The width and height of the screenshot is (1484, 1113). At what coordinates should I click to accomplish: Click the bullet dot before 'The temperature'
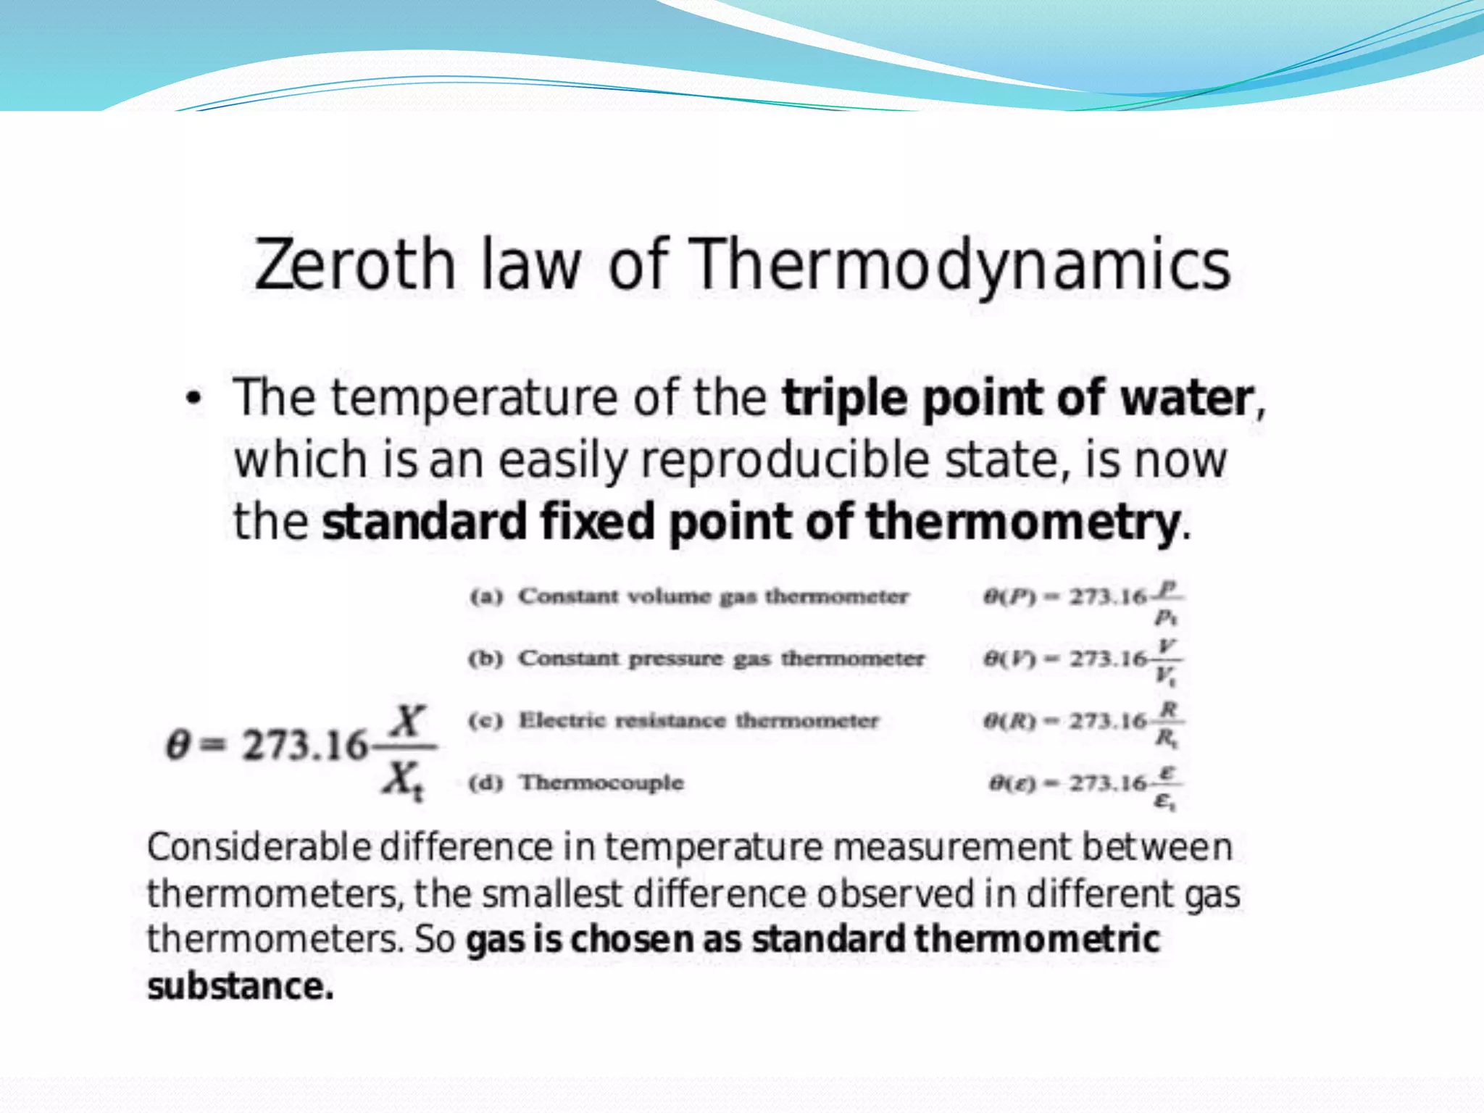(193, 399)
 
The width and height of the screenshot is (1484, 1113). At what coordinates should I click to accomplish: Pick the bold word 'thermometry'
(1022, 522)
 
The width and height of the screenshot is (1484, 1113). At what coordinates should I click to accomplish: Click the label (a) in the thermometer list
(485, 597)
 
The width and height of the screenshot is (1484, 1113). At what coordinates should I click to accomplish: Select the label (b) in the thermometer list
(485, 659)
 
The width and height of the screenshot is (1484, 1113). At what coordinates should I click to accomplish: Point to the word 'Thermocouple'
(601, 783)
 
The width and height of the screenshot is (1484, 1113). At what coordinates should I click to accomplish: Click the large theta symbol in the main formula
(178, 745)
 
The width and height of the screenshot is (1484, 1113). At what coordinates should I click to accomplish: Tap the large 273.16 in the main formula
(304, 745)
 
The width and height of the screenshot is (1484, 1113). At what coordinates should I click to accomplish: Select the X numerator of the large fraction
(407, 721)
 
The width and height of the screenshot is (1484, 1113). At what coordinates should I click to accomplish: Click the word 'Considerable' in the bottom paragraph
(259, 847)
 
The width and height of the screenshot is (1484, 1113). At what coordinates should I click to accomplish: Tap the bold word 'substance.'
(241, 986)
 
